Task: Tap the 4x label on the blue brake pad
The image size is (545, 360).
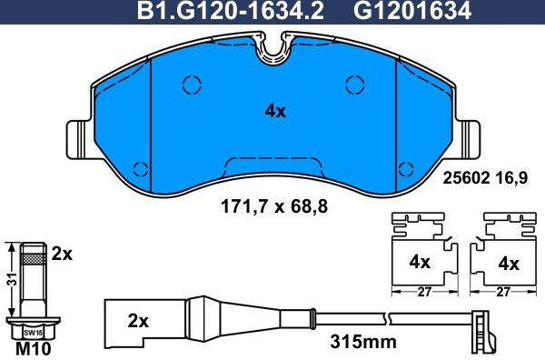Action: tap(274, 112)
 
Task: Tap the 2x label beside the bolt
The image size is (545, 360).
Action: tap(62, 254)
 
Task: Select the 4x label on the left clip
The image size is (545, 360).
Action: tap(419, 263)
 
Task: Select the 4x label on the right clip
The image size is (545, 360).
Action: tap(510, 264)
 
